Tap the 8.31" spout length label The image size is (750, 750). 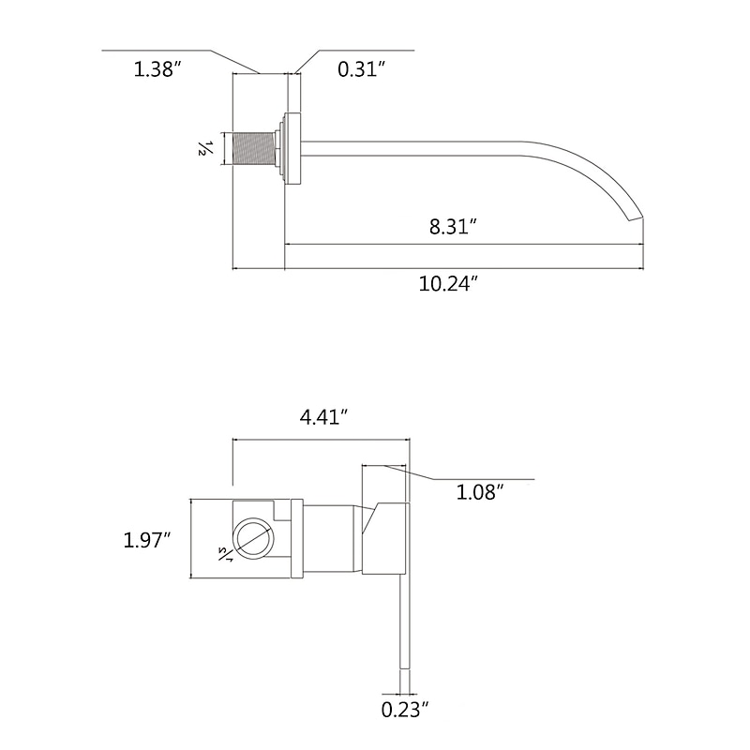coord(455,226)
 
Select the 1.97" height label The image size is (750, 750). coord(147,540)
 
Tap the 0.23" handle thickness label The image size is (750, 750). coord(405,710)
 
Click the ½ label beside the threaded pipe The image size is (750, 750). coord(203,148)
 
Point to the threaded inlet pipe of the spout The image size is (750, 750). coord(251,148)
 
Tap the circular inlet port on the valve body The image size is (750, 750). coord(252,539)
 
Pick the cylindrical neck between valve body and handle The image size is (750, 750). coord(330,538)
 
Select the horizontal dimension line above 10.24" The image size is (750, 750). coord(441,269)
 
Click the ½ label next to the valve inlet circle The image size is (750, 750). coord(225,554)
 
